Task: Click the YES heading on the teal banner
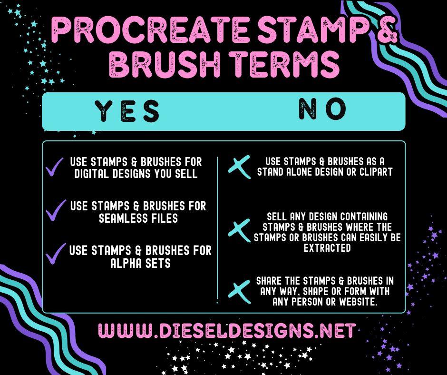point(127,111)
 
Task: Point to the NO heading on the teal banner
point(322,109)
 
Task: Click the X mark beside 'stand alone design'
point(239,167)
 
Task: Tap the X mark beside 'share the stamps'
point(239,288)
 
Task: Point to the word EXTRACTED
point(327,248)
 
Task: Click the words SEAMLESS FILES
point(138,218)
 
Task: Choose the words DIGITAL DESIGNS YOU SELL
point(136,174)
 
